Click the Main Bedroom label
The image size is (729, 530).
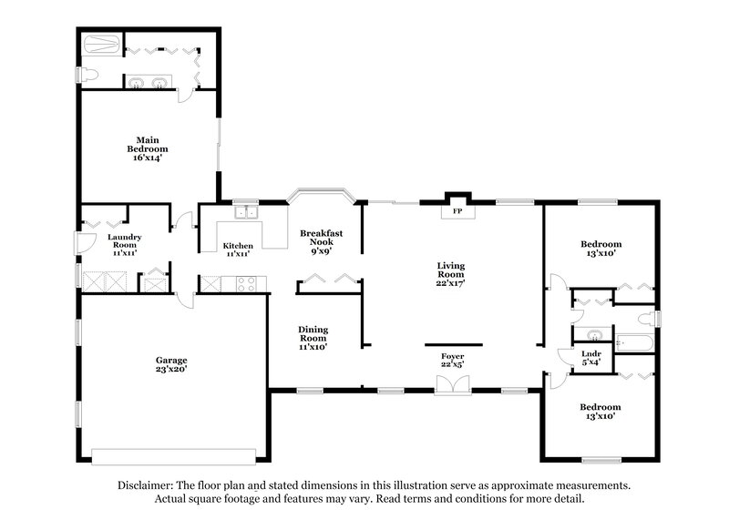(147, 148)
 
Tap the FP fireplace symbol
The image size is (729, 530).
(457, 210)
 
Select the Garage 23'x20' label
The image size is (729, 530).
(170, 365)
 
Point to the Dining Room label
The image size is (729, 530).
(313, 337)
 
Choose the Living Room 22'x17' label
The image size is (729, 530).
(450, 275)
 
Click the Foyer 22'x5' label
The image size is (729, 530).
(453, 360)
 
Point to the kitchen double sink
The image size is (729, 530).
(246, 214)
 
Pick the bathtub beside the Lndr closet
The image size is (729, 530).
(633, 343)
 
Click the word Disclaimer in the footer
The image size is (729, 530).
(149, 485)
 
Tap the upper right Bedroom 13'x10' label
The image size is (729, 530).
(601, 249)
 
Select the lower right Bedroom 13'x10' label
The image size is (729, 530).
(601, 411)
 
